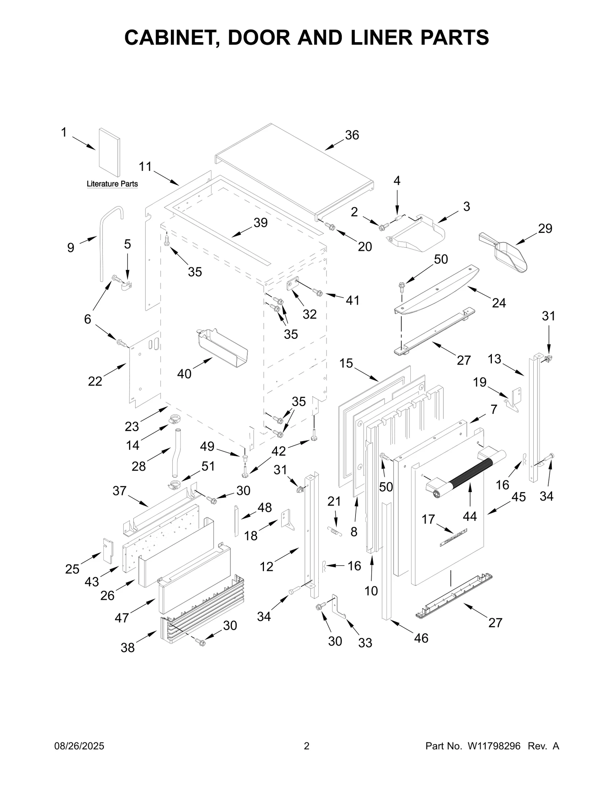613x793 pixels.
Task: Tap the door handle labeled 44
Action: [465, 472]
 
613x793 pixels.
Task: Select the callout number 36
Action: [352, 135]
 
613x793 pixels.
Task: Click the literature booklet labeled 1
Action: [109, 153]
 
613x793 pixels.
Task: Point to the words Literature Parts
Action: [112, 184]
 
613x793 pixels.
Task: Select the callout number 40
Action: [184, 373]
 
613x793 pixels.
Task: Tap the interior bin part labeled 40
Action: [222, 348]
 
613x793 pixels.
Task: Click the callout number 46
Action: [421, 638]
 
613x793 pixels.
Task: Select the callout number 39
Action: [261, 222]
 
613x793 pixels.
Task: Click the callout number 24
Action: [498, 302]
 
